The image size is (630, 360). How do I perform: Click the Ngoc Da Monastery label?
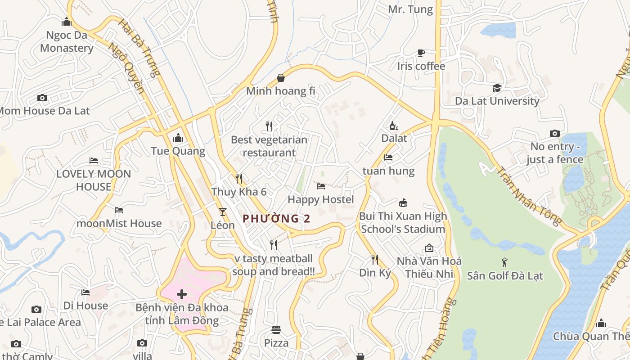(x=67, y=41)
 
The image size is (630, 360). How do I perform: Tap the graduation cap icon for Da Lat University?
(x=497, y=88)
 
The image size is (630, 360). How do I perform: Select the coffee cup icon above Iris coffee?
(x=421, y=53)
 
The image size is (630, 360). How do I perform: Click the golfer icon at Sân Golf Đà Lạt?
(x=504, y=262)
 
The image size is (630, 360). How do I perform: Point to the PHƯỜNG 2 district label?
(x=276, y=219)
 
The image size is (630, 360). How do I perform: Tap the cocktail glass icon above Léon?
(x=222, y=211)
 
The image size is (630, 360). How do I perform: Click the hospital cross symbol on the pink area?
(x=182, y=295)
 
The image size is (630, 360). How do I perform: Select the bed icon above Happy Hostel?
(x=320, y=186)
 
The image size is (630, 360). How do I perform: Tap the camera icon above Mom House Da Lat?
(x=42, y=98)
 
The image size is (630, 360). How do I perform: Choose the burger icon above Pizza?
(x=276, y=330)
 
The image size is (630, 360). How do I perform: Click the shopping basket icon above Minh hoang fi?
(x=281, y=78)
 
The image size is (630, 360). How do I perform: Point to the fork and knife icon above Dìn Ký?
(x=374, y=259)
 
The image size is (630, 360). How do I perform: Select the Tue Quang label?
(x=178, y=151)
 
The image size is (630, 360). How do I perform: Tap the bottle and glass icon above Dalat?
(x=394, y=126)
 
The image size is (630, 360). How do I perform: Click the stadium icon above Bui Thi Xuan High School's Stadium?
(x=403, y=203)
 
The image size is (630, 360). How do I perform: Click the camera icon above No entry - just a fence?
(x=554, y=133)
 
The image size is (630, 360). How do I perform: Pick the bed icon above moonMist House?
(x=119, y=210)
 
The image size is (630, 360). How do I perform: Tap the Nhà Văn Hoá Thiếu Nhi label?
(x=429, y=267)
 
